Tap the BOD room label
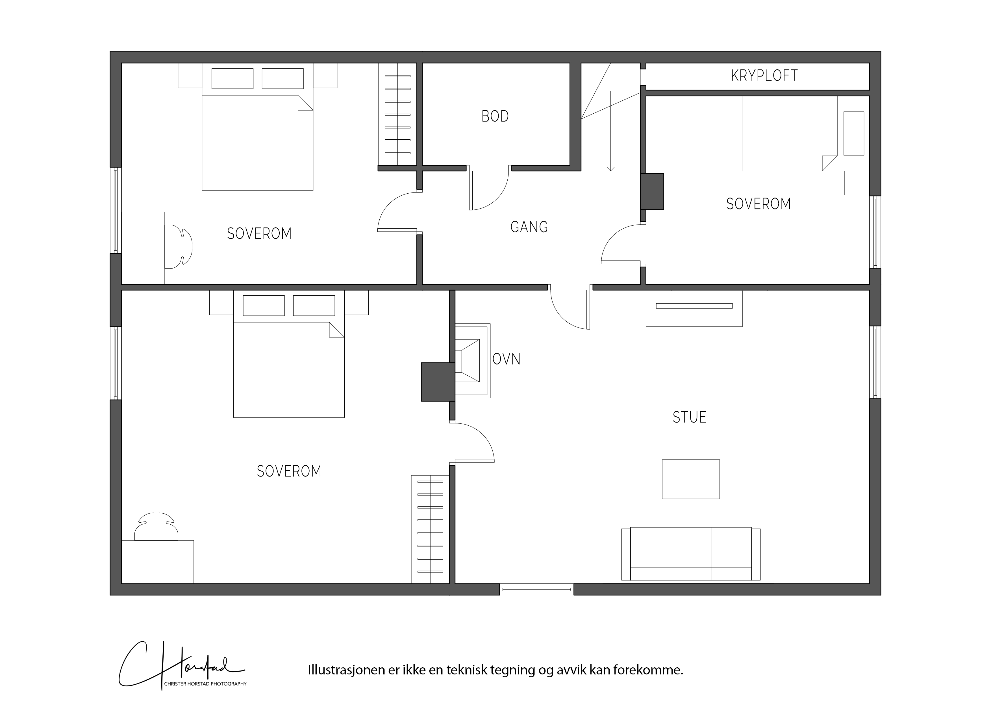pyautogui.click(x=495, y=116)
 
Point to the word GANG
pyautogui.click(x=529, y=227)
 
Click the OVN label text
pyautogui.click(x=506, y=359)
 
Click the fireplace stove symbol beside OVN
pyautogui.click(x=473, y=361)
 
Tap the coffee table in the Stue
pyautogui.click(x=691, y=479)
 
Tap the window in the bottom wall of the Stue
pyautogui.click(x=536, y=589)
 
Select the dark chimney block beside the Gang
pyautogui.click(x=652, y=191)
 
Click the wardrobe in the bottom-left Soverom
pyautogui.click(x=430, y=529)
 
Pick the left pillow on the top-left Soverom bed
pyautogui.click(x=232, y=79)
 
